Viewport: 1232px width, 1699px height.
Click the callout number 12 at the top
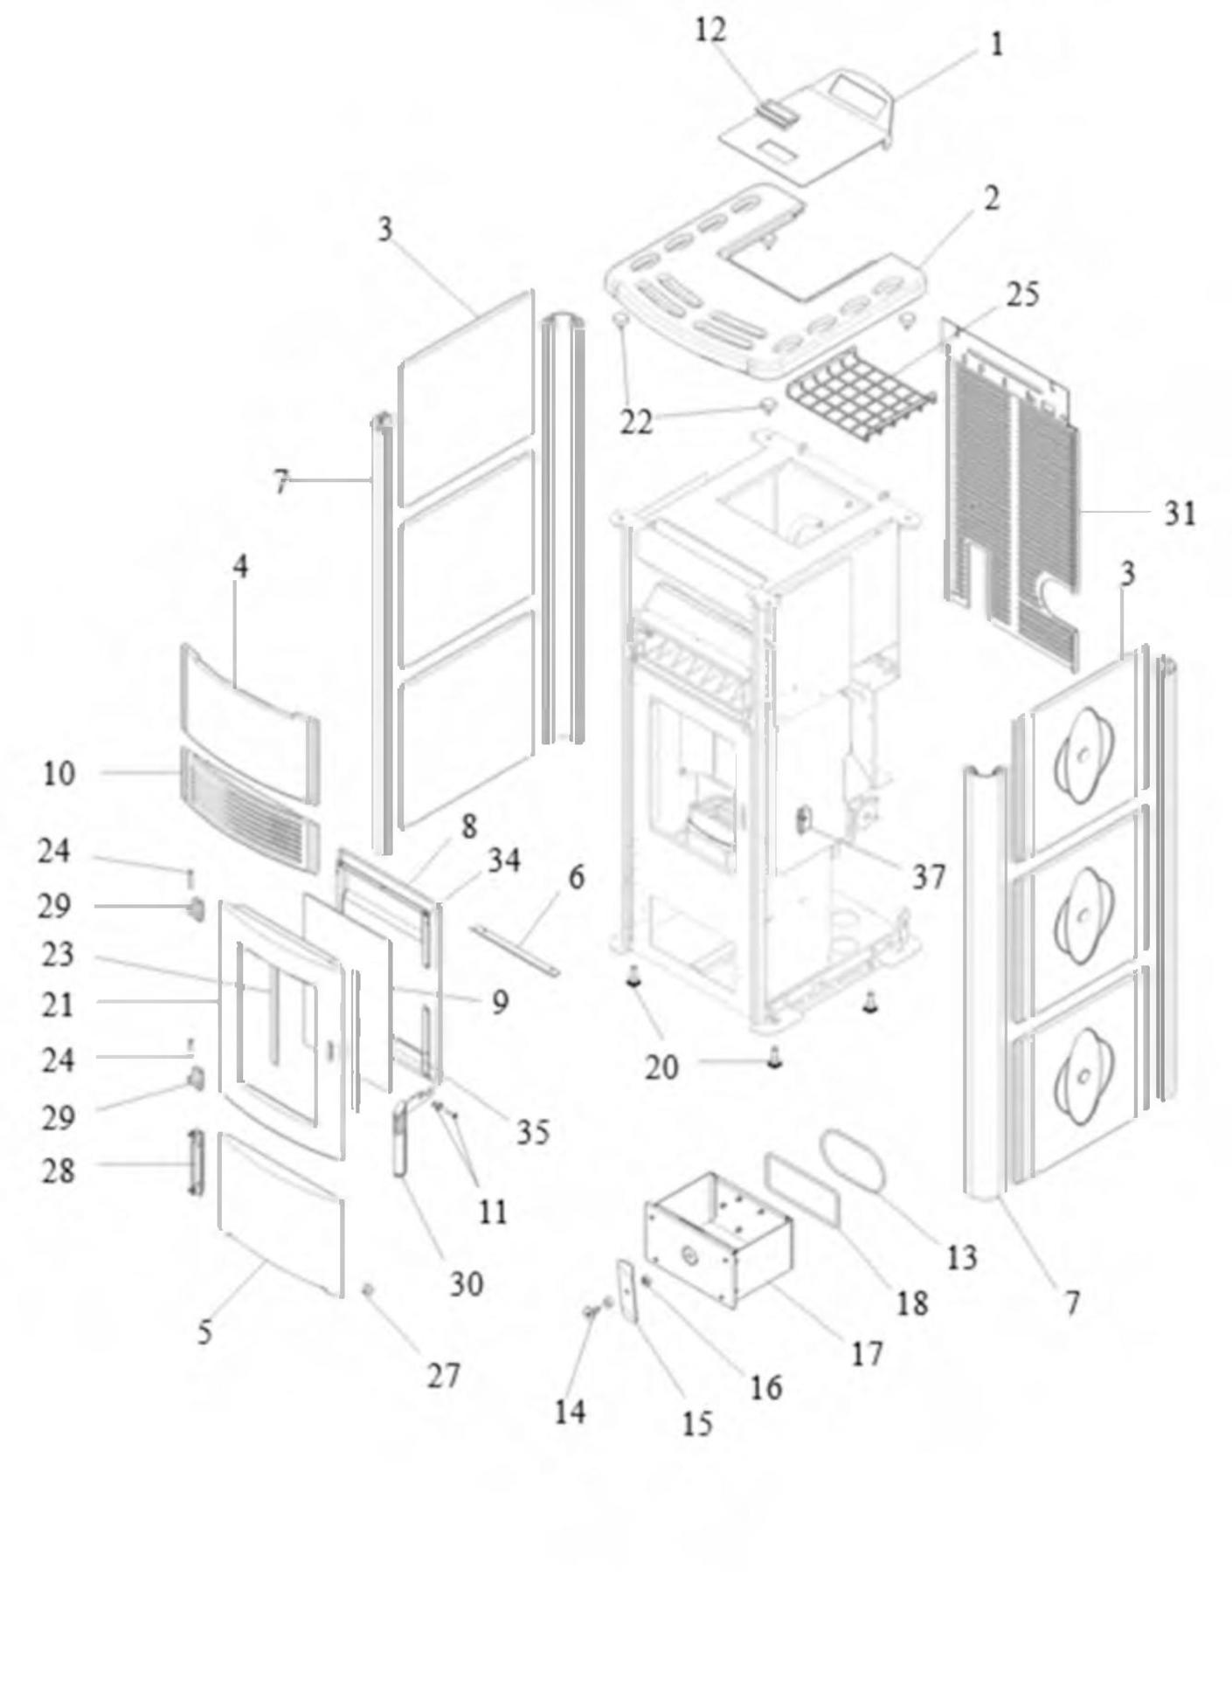710,31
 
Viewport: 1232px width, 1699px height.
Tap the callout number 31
1180,514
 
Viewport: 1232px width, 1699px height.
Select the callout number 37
929,876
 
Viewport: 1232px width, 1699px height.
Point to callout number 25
1022,295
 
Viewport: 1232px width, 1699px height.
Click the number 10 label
59,773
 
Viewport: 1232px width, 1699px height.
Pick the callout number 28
59,1171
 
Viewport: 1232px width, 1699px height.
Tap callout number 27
443,1376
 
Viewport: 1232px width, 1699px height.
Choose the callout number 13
961,1258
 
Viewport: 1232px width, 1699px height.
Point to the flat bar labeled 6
516,951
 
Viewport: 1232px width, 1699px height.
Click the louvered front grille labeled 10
250,810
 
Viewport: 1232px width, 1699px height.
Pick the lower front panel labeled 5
280,1215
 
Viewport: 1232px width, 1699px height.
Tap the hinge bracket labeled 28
195,1163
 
